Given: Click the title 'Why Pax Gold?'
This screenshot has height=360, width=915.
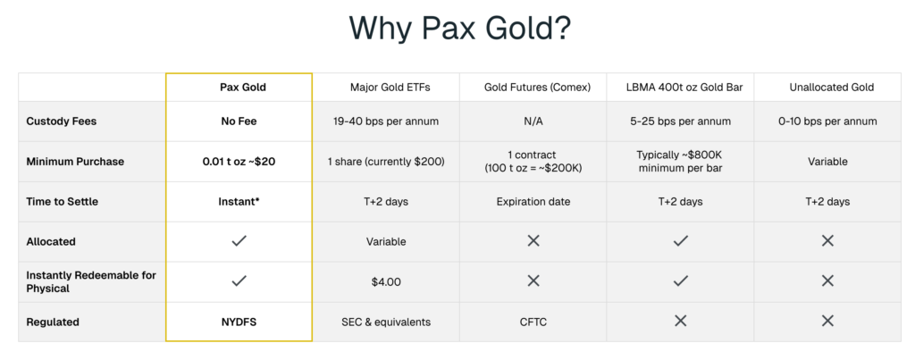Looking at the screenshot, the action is (x=460, y=28).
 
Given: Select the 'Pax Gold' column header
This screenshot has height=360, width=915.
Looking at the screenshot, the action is (x=243, y=87).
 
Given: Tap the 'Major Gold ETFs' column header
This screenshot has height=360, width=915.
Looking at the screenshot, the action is (x=390, y=87).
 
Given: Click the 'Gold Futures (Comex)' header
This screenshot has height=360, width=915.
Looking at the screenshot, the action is (x=537, y=88).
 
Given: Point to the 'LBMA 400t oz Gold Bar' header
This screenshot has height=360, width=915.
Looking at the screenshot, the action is (x=684, y=88).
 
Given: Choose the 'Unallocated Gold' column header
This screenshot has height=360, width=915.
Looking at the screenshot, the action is (x=832, y=87).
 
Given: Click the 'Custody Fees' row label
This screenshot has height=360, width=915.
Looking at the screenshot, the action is (x=62, y=121).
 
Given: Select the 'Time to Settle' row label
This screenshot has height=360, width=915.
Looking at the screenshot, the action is (x=62, y=201).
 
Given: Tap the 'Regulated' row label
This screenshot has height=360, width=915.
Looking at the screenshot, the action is (x=53, y=322).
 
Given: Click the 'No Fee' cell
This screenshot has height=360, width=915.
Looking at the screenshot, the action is (x=239, y=121).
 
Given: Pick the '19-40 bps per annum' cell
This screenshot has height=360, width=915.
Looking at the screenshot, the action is (x=386, y=121).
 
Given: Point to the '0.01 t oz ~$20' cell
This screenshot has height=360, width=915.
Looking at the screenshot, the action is (x=239, y=162).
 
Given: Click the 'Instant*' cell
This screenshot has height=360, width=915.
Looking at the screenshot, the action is (x=239, y=201).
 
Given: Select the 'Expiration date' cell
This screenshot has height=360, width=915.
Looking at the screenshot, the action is (x=533, y=202).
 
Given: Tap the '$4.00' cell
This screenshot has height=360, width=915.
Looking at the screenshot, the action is (x=386, y=281).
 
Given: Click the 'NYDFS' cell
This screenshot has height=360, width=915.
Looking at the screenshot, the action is (x=239, y=322).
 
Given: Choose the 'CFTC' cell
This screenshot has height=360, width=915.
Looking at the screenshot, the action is (x=533, y=322).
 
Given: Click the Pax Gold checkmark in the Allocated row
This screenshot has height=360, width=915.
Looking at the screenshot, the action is (x=239, y=241).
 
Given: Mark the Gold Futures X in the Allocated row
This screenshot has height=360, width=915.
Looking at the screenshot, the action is (x=533, y=241).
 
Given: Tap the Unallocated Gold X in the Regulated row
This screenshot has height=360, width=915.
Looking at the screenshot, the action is (x=827, y=321).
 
